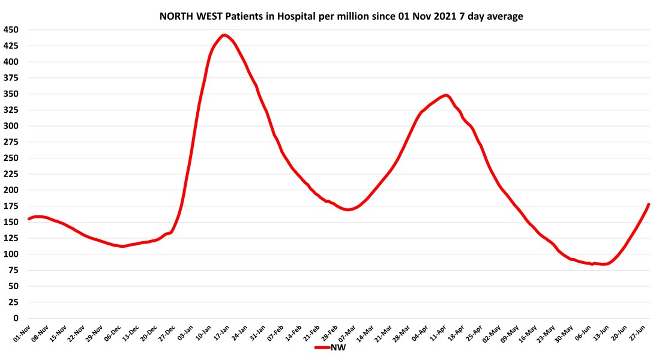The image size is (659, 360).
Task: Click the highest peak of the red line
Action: tap(224, 35)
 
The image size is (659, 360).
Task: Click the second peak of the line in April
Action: tap(446, 95)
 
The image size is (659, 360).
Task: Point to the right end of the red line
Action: tap(649, 205)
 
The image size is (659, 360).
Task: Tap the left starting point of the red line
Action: tap(28, 219)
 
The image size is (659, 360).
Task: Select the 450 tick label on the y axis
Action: tap(11, 30)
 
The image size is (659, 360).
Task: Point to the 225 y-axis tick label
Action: tap(11, 174)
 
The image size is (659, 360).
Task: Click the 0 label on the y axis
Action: tap(16, 319)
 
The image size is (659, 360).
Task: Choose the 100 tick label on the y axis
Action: tap(11, 254)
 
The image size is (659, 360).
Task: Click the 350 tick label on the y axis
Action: tap(11, 94)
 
